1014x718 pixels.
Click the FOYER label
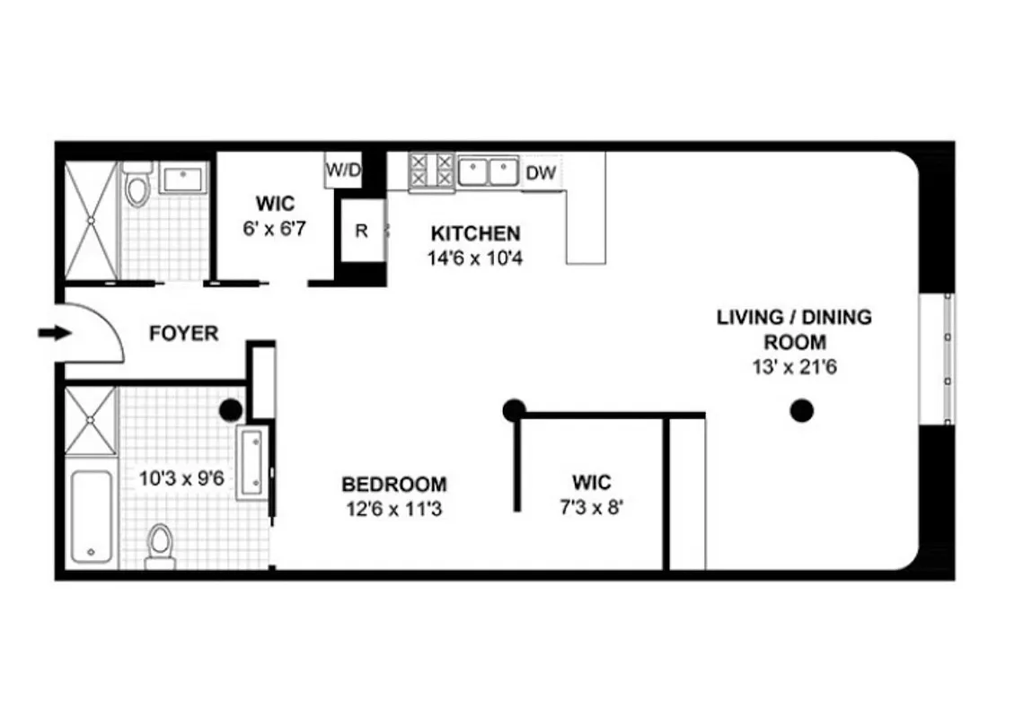coord(183,334)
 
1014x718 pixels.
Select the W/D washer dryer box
coord(341,170)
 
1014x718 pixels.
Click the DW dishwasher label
coord(540,173)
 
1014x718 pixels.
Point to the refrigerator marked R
coord(361,231)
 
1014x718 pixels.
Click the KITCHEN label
coord(475,234)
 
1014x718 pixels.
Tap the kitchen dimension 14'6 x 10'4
coord(475,258)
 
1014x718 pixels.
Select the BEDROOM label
coord(394,485)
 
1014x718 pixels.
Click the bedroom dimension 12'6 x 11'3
coord(394,509)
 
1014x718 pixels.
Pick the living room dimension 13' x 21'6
coord(795,366)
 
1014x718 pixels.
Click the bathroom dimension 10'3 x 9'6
coord(181,478)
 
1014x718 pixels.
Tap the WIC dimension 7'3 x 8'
coord(591,507)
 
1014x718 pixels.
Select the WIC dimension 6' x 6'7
coord(275,229)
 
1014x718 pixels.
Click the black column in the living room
coord(801,411)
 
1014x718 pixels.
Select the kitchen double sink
coord(489,171)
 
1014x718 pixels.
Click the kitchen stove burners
coord(431,171)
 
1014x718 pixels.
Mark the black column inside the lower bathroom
coord(231,410)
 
